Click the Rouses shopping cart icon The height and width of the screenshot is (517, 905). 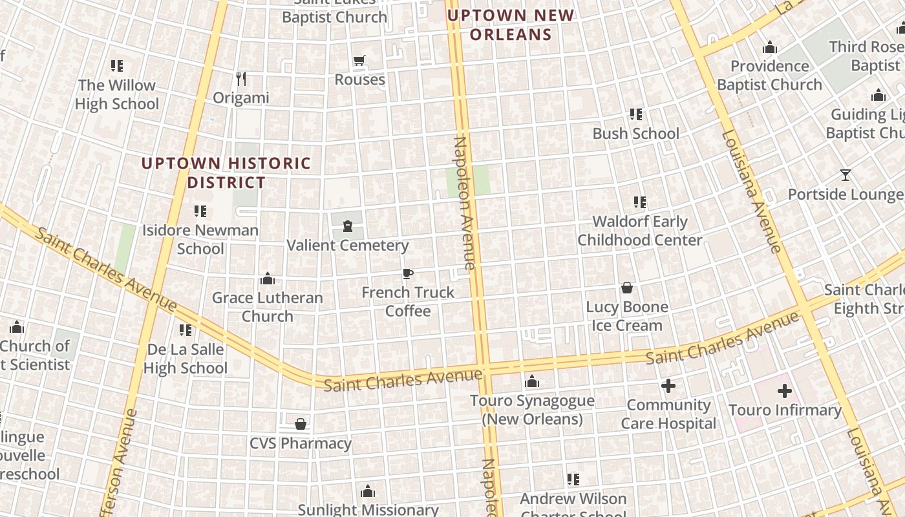[x=359, y=61]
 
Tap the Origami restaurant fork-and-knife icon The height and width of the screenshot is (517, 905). [x=241, y=79]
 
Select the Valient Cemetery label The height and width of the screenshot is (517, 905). [x=348, y=246]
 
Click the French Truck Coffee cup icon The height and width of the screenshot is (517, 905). [x=407, y=274]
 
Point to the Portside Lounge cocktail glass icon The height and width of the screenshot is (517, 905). [x=845, y=175]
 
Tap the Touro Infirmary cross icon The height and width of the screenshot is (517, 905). [x=785, y=391]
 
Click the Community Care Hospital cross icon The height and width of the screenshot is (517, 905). [x=668, y=386]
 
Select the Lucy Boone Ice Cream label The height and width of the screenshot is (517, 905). [x=627, y=316]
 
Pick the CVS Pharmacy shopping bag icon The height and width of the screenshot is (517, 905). [x=301, y=425]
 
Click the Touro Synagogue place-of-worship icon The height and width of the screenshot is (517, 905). [x=532, y=382]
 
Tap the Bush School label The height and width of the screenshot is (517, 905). [x=636, y=134]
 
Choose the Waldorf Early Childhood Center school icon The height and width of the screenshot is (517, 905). [x=640, y=202]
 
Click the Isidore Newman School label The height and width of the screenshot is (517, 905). [x=200, y=239]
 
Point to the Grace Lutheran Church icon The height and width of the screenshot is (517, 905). [x=267, y=279]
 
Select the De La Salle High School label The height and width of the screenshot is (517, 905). [x=186, y=359]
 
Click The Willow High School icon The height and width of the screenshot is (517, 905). [x=117, y=66]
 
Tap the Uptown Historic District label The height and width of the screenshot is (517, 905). [x=226, y=173]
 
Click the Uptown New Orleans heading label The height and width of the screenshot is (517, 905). [x=511, y=25]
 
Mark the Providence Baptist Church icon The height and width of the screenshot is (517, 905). [x=769, y=48]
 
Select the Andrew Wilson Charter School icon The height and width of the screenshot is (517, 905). [x=573, y=480]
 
